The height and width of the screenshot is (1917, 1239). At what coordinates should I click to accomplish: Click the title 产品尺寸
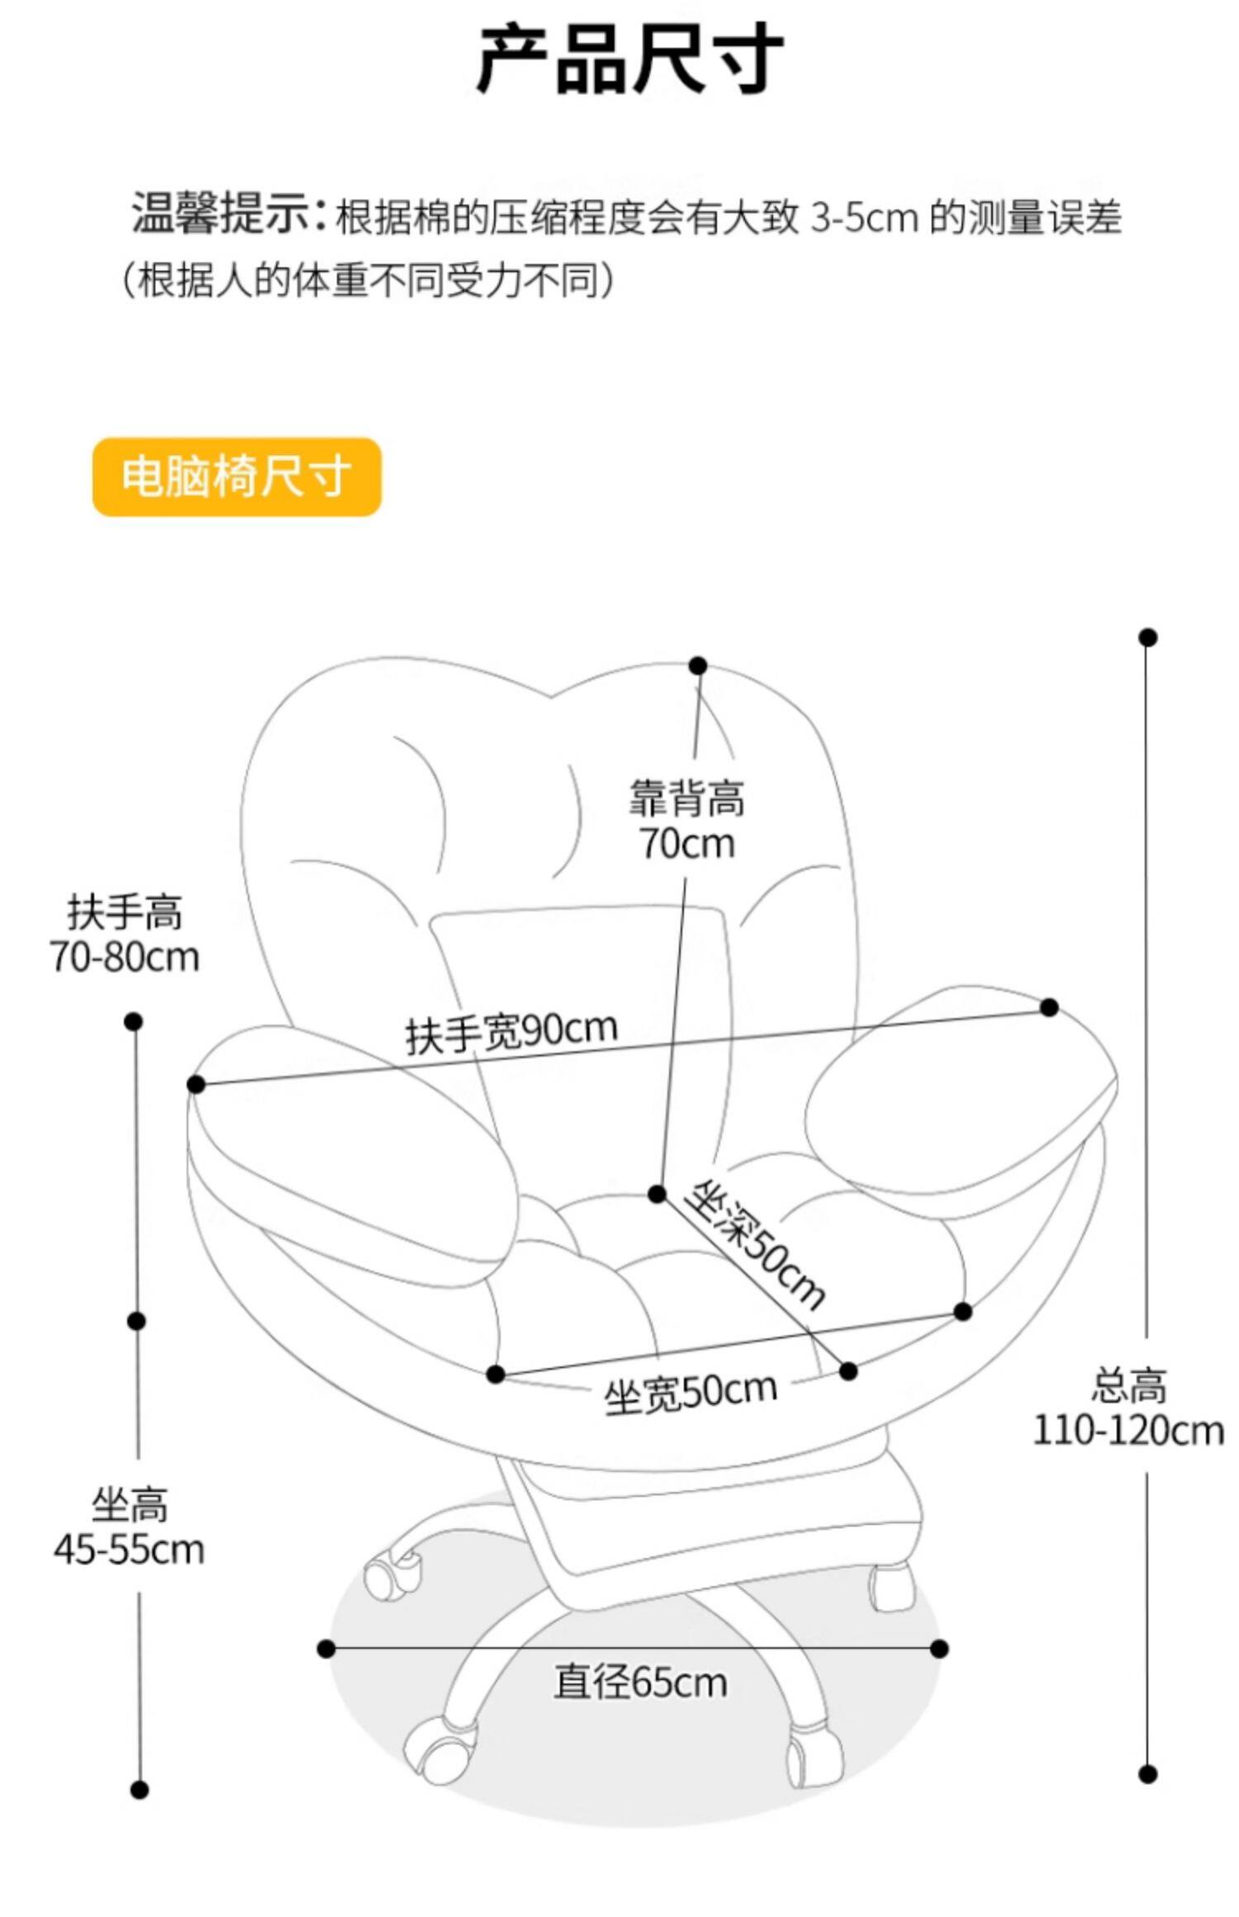point(629,59)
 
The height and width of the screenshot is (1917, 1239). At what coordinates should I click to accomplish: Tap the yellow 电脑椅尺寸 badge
point(236,477)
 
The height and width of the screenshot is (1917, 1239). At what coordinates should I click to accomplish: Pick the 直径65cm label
point(640,1682)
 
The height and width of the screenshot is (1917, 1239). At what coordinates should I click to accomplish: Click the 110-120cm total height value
point(1128,1430)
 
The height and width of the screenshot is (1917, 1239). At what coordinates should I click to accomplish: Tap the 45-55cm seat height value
point(129,1549)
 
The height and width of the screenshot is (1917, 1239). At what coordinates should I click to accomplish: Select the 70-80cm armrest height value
point(125,957)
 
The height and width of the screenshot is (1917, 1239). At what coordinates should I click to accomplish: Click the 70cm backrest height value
point(686,844)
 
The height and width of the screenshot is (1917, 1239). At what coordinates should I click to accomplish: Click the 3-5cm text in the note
point(864,218)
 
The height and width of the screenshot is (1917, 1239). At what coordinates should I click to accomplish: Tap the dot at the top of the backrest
point(698,665)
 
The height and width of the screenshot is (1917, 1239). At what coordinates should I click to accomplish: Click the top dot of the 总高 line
point(1147,637)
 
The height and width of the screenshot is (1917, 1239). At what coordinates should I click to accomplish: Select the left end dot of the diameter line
point(326,1649)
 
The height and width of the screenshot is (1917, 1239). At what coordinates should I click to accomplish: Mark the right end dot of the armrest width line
point(1049,1007)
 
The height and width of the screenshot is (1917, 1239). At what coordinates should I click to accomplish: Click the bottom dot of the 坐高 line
point(140,1790)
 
